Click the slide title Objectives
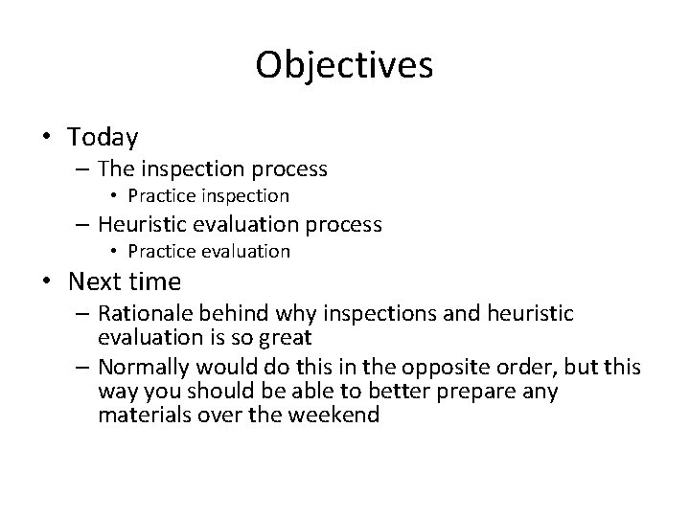(344, 65)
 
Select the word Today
(103, 138)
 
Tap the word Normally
(145, 369)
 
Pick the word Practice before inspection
(159, 196)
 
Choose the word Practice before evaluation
(159, 252)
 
